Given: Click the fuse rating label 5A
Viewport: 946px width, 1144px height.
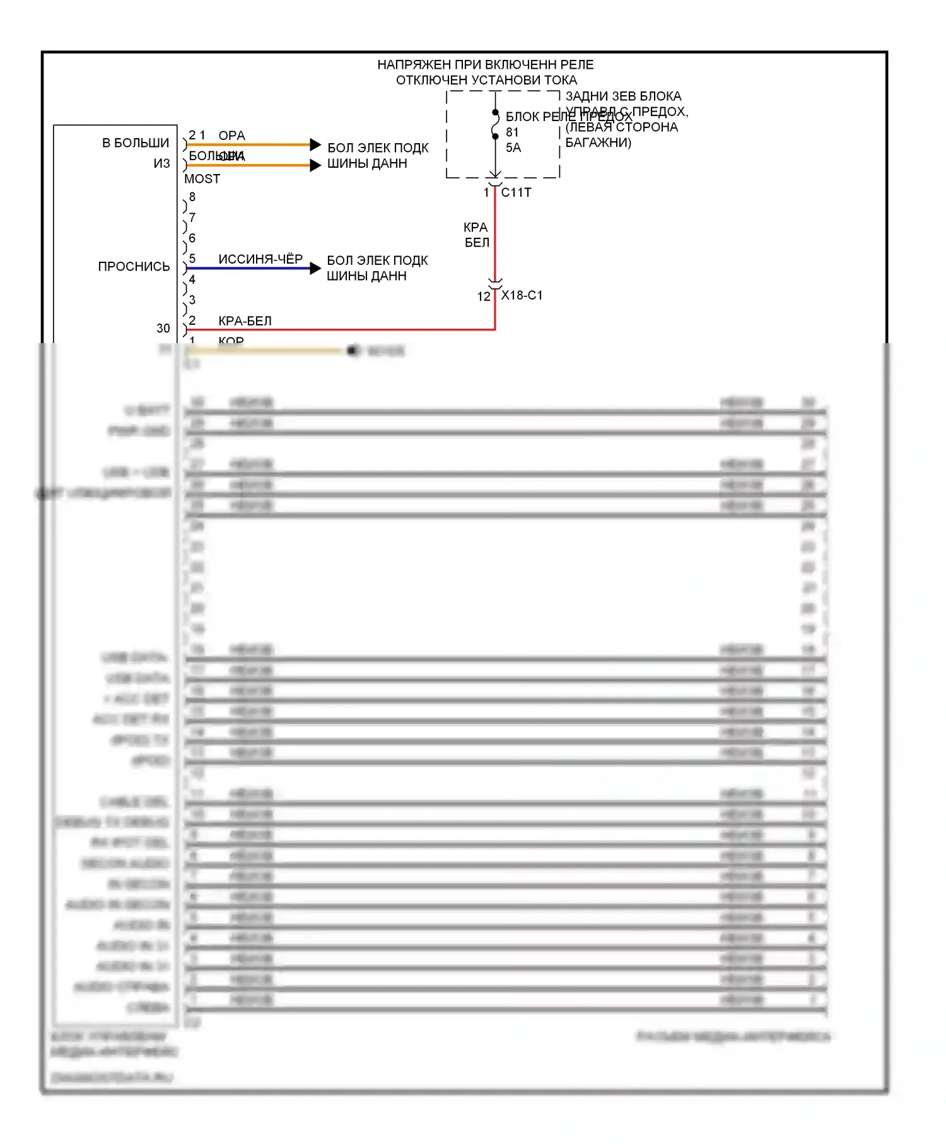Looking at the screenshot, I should click(x=513, y=148).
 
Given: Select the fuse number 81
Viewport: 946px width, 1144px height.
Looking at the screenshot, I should click(x=512, y=132).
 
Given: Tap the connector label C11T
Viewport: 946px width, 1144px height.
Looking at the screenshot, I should click(x=516, y=193).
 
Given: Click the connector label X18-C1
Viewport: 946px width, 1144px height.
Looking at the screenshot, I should click(x=522, y=296).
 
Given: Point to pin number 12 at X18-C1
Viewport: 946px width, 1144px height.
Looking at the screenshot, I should click(x=483, y=296).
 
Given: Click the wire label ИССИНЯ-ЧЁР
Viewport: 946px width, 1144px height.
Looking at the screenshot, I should click(x=260, y=259).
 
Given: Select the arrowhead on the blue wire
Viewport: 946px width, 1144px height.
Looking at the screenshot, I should click(x=315, y=269).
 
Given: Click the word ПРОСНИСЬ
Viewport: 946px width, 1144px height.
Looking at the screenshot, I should click(x=134, y=267).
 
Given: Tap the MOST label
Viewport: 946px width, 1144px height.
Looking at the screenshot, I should click(x=202, y=179).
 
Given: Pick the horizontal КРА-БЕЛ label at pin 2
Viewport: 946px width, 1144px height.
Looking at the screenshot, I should click(x=245, y=321).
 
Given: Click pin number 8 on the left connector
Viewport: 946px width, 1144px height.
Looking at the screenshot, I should click(x=192, y=197).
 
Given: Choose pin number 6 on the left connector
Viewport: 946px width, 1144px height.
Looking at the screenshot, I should click(x=192, y=238).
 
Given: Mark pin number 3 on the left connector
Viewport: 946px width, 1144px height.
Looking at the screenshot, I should click(x=192, y=300).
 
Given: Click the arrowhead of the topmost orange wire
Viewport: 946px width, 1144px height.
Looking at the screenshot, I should click(x=315, y=145).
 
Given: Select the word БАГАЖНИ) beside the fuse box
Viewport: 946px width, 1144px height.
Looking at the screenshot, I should click(x=598, y=143).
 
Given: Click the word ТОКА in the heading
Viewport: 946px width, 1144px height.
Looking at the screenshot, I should click(x=561, y=81).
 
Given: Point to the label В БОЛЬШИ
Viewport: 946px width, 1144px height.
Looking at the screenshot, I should click(x=136, y=143).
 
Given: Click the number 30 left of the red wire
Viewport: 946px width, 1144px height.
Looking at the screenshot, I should click(x=163, y=329).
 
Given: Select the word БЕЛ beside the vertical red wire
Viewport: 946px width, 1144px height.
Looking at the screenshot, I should click(x=477, y=243).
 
